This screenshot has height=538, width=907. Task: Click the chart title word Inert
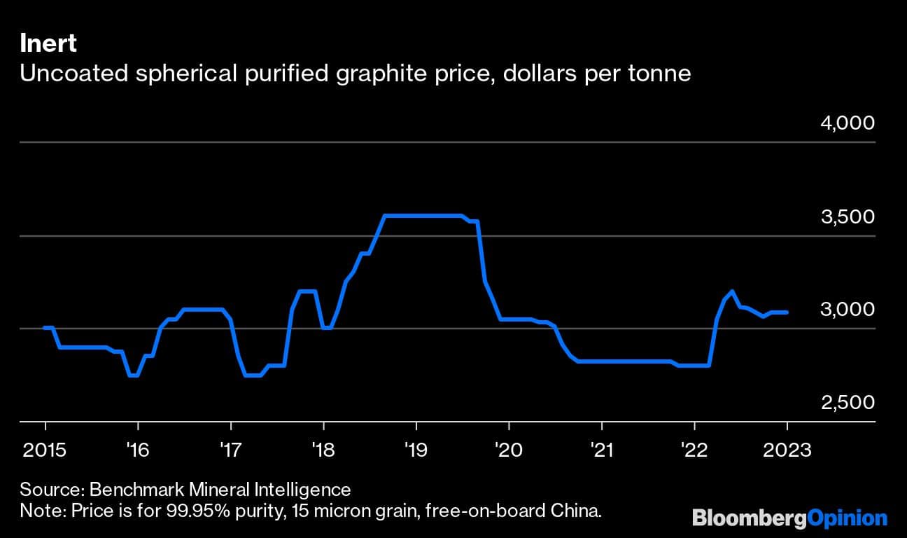click(x=48, y=44)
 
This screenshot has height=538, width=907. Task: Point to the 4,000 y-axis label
click(x=848, y=123)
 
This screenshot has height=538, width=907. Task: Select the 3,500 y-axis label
click(x=848, y=216)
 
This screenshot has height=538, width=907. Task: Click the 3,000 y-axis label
click(x=848, y=310)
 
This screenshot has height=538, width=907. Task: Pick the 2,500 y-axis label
click(x=848, y=403)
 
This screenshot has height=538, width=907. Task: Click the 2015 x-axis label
click(x=45, y=449)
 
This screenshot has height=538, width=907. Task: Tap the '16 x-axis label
click(x=138, y=449)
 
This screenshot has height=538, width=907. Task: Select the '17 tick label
click(x=230, y=449)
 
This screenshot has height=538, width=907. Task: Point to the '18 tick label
click(x=323, y=449)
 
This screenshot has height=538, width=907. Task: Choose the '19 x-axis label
click(x=416, y=449)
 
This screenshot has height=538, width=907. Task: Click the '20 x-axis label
click(x=509, y=449)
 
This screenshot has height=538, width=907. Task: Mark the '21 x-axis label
click(x=601, y=449)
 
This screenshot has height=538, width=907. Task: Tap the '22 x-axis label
click(x=694, y=449)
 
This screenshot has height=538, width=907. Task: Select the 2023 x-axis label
click(x=787, y=449)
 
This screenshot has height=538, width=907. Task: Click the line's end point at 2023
click(x=787, y=312)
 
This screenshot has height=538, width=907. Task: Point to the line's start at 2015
click(x=45, y=327)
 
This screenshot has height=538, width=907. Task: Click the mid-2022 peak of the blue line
click(x=732, y=291)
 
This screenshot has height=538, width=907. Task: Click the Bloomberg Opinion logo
click(x=789, y=518)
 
